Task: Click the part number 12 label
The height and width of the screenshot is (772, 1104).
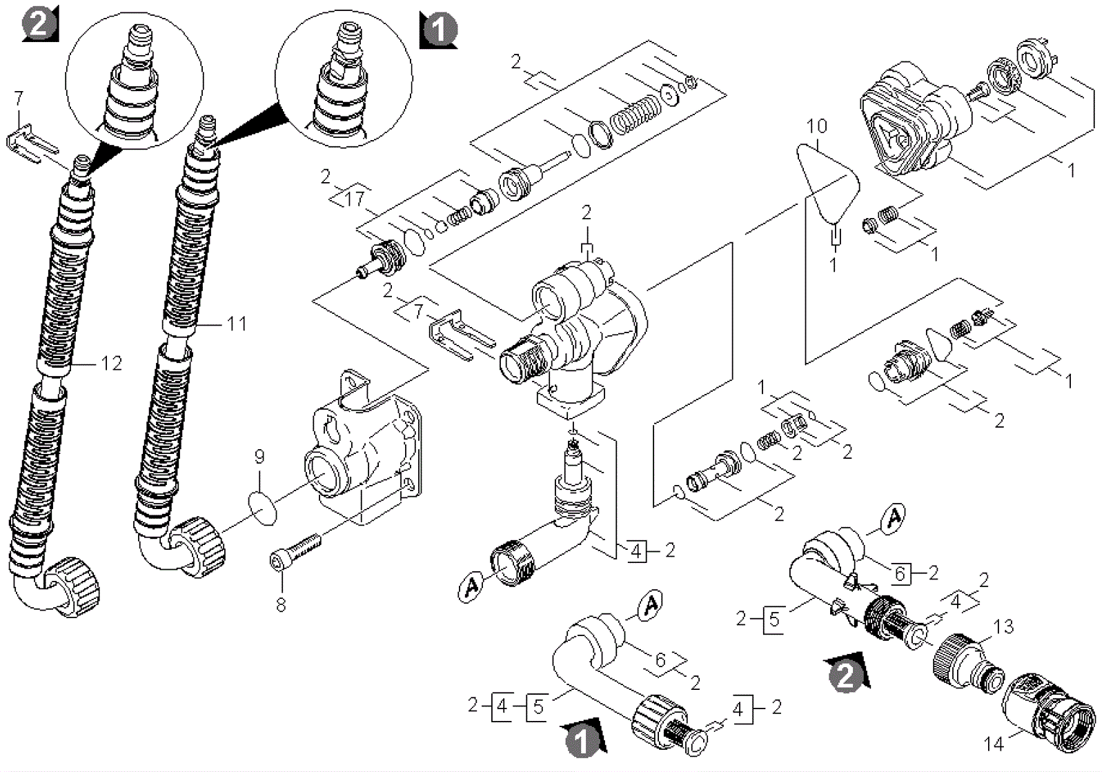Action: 111,364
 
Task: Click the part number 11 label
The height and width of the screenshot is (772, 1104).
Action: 237,324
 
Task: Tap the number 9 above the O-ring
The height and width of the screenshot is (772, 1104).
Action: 259,457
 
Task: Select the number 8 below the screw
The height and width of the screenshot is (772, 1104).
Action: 281,604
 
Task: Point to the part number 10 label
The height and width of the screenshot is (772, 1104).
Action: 817,126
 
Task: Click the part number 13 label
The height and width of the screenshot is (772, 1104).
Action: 1003,626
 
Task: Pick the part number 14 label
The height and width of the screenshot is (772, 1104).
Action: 994,744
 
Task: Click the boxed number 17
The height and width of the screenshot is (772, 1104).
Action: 355,199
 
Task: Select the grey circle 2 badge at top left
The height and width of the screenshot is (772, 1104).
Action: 39,24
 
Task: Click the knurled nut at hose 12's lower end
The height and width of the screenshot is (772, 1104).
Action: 74,586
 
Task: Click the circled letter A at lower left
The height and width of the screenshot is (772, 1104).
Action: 472,586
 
